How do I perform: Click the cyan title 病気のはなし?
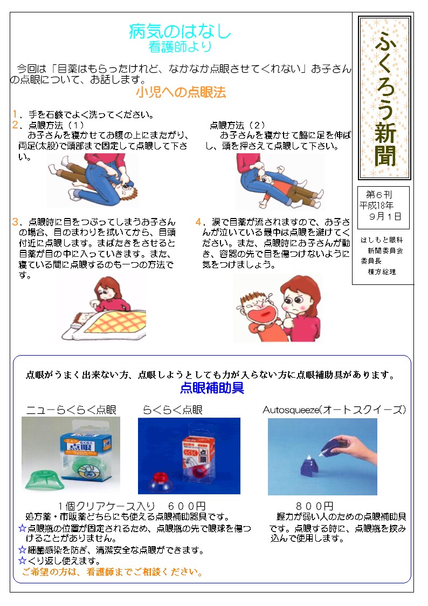180,31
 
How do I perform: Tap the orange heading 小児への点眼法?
181,92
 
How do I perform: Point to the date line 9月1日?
385,216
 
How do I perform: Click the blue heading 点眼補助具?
212,387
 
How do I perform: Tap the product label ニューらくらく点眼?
71,410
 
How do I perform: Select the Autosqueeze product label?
334,410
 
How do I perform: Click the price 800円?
314,506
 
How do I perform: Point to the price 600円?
187,506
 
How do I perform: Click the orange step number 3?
15,222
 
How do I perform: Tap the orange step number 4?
198,222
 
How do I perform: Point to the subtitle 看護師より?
180,47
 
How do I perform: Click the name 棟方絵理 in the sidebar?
382,272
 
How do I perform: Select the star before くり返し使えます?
23,560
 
